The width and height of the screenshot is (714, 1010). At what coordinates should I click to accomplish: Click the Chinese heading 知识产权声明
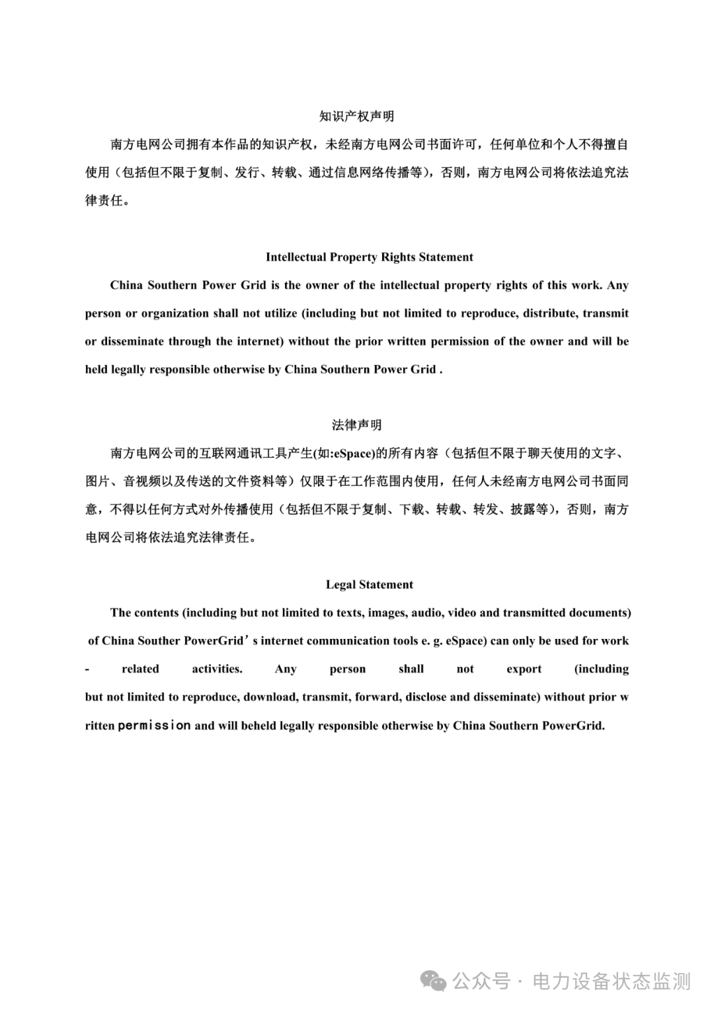[x=356, y=116]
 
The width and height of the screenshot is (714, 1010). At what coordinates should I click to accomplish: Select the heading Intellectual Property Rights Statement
[x=369, y=257]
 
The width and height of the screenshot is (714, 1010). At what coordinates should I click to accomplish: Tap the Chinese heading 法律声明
[x=356, y=425]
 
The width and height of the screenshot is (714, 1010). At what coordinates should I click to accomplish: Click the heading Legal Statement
[x=369, y=585]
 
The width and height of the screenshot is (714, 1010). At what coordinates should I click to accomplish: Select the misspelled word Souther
[x=158, y=641]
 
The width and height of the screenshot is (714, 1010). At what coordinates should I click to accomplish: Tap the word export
[x=524, y=669]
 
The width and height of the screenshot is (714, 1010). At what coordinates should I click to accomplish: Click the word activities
[x=217, y=669]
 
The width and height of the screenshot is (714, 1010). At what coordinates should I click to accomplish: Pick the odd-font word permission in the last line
[x=155, y=726]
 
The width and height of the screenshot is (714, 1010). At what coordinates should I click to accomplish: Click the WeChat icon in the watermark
[x=434, y=982]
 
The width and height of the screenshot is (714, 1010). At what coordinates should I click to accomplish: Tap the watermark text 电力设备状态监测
[x=612, y=982]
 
